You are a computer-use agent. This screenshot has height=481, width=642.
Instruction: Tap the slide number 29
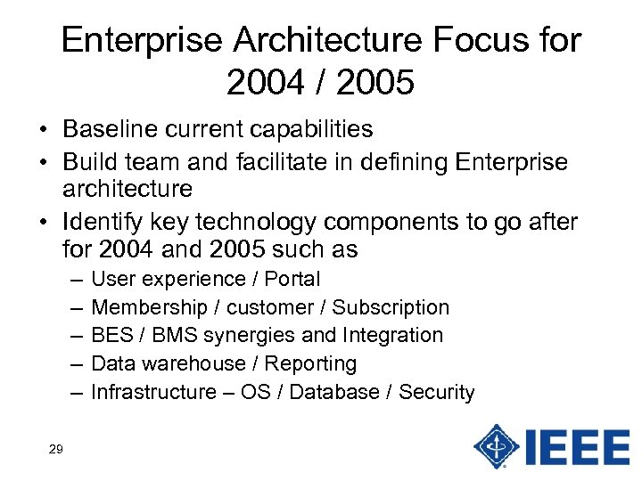point(55,450)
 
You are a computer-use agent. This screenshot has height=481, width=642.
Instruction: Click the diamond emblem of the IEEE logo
point(497,445)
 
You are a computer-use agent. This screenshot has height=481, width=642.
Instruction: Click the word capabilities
point(310,130)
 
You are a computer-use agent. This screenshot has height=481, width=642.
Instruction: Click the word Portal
point(292,279)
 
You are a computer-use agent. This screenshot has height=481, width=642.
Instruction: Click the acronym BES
point(111,336)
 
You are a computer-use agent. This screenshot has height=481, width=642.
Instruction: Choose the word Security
point(436,393)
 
